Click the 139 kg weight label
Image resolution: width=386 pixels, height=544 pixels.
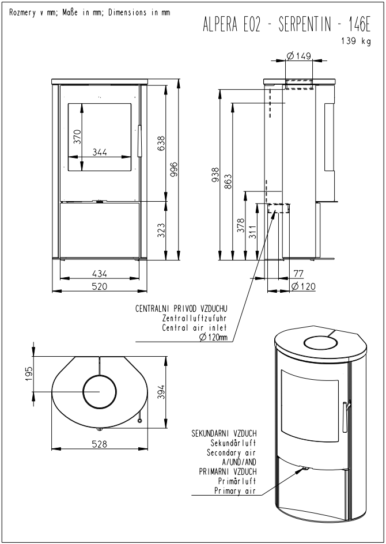[x=356, y=41]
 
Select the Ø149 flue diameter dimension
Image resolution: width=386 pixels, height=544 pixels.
[x=298, y=55]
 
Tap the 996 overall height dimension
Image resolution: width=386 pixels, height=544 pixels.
[x=174, y=169]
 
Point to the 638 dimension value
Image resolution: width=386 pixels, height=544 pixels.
[x=162, y=143]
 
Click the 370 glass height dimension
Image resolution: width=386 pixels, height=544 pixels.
[x=77, y=137]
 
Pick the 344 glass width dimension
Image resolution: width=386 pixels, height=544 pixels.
[x=100, y=152]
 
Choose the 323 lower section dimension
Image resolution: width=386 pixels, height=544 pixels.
[x=162, y=230]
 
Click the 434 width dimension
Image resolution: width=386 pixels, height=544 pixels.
[x=100, y=274]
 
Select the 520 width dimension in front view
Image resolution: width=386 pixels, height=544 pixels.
[x=100, y=286]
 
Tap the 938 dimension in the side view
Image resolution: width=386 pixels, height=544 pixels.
[x=215, y=175]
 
